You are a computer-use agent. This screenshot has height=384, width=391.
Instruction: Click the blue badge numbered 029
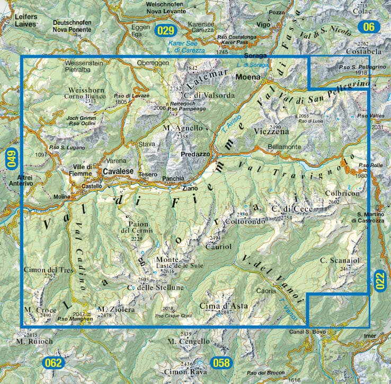click(x=166, y=30)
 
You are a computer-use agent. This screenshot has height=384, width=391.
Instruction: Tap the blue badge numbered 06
click(x=369, y=27)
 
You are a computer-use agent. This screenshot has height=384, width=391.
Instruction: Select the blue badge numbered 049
click(x=10, y=161)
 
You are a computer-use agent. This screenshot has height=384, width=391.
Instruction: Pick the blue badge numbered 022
click(x=380, y=280)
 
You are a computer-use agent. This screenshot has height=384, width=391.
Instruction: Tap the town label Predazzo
click(x=196, y=154)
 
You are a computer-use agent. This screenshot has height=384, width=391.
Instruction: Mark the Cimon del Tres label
click(x=47, y=270)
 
